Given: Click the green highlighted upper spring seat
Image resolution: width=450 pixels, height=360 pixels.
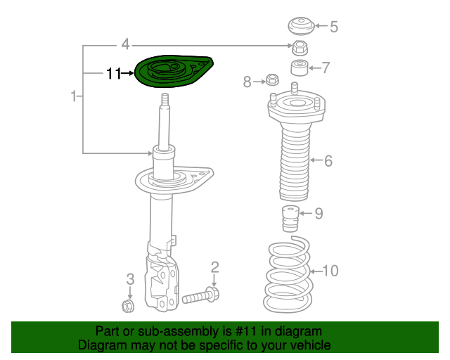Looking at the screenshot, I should coord(172,72).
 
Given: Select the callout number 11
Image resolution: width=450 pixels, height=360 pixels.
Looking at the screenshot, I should coord(114,72).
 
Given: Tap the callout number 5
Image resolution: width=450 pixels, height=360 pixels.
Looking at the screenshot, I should coord(333,27).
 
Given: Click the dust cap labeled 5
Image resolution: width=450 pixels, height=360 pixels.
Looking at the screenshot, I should coord(301,27).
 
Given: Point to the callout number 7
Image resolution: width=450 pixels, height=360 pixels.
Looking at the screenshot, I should coord(325,68).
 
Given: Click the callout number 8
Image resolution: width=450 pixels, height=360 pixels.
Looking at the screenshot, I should coord(247,82).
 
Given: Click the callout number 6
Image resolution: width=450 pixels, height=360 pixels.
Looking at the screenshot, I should coord(328,161).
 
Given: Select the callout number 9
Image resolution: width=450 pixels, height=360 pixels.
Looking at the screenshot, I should coord(319,213).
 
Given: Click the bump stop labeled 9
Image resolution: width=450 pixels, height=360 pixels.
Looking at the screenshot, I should coord(289,218).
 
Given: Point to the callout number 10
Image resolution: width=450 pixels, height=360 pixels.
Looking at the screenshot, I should coord(330,270).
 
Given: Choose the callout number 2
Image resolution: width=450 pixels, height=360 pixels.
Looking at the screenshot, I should coord(214,266).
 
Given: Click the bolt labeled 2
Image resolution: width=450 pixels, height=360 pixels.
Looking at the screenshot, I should coord(201,297).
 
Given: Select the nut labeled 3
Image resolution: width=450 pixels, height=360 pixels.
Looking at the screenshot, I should coord(129,306).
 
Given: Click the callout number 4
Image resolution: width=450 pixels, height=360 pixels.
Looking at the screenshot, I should coord(125,45).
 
